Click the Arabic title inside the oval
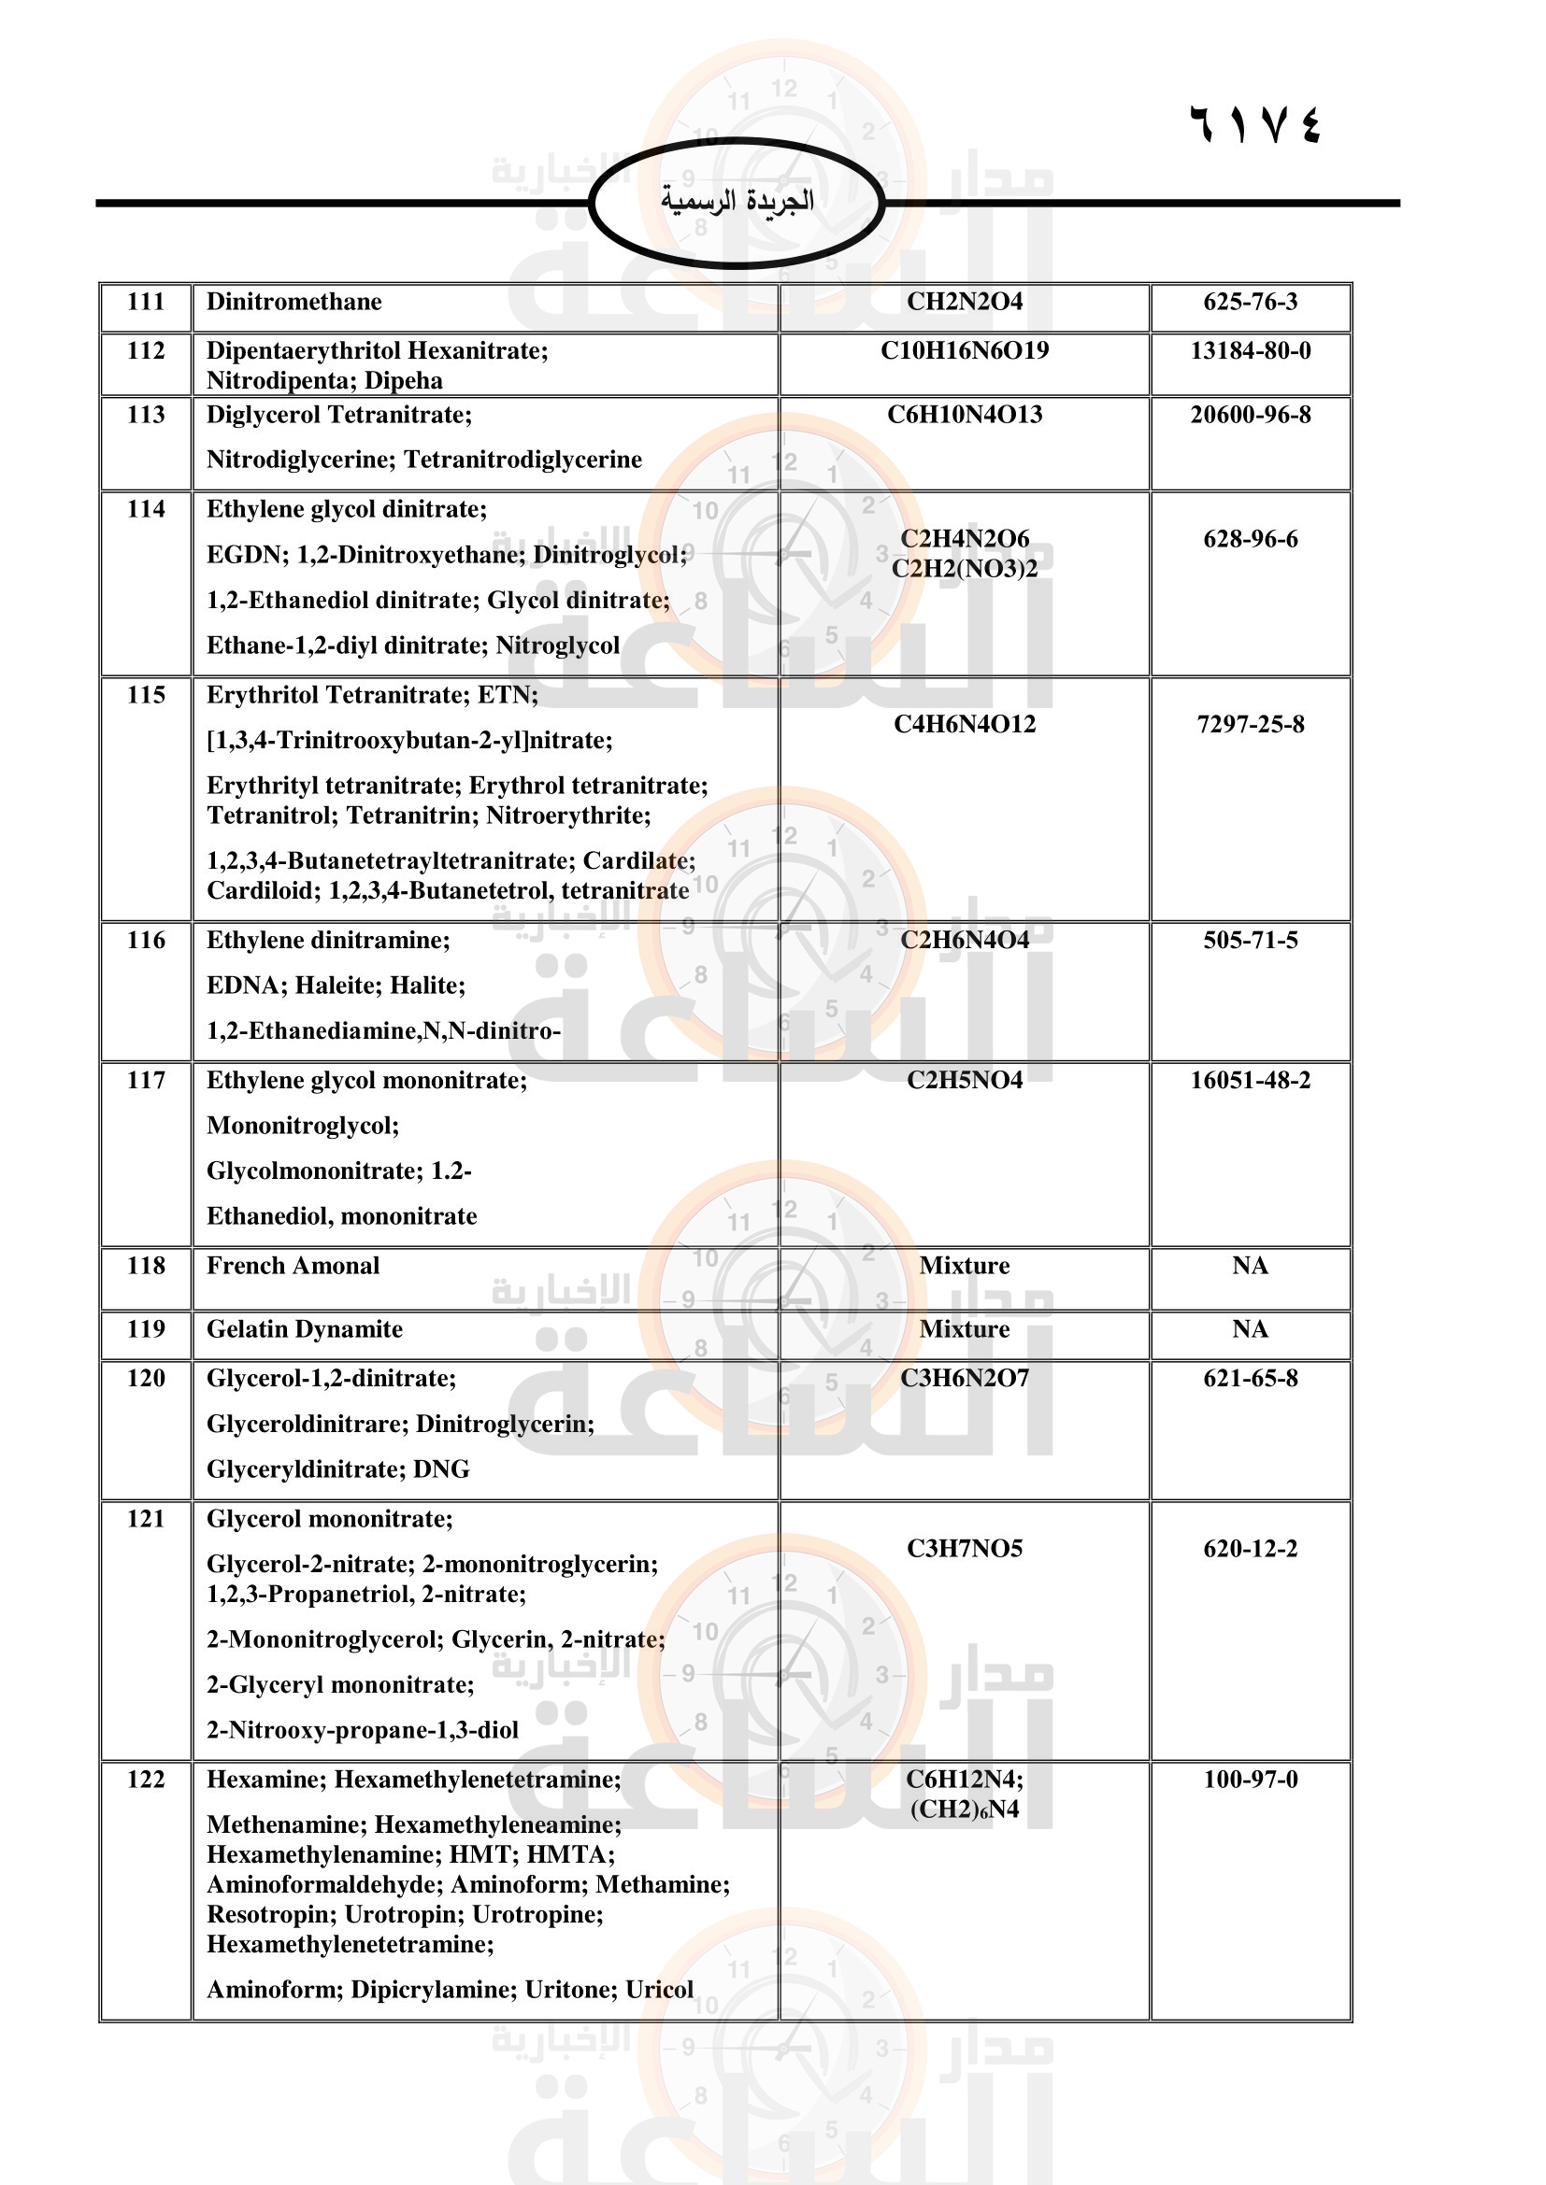737,201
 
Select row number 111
146,302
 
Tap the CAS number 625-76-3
1250,302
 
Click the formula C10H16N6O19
965,350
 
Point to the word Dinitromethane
294,302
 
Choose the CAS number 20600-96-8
1250,414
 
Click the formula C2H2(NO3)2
965,568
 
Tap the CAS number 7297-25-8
1250,724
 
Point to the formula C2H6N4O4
965,941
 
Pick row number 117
146,1080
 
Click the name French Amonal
293,1266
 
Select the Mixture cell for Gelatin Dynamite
965,1328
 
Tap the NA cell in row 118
1250,1266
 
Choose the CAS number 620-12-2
1250,1548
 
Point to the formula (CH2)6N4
965,1809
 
